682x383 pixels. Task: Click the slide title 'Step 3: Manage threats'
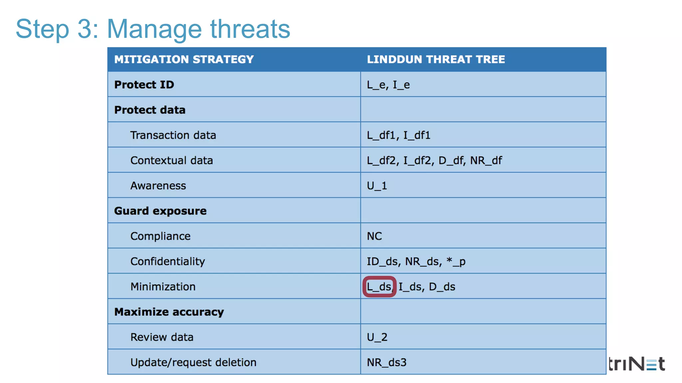pos(153,29)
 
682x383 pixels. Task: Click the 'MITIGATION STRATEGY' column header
pos(184,60)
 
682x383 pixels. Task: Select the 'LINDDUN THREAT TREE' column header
pos(436,60)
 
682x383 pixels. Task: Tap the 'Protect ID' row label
pos(144,85)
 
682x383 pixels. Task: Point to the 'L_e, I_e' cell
pos(388,85)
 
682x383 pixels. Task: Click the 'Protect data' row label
pos(150,110)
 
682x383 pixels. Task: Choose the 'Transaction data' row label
pos(173,135)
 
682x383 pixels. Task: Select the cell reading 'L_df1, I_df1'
pos(398,135)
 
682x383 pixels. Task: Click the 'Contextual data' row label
pos(171,161)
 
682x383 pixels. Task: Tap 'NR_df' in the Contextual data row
pos(486,161)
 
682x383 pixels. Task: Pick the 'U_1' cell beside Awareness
pos(377,186)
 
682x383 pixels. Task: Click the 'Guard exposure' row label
pos(160,211)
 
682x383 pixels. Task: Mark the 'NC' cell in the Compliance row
pos(374,236)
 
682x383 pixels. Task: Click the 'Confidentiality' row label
pos(168,262)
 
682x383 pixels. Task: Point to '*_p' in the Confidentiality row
pos(456,262)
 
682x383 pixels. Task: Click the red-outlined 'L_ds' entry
pos(379,287)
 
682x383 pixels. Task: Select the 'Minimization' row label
pos(163,287)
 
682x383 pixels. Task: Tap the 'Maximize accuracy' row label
pos(169,312)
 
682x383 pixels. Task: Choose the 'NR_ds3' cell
pos(386,362)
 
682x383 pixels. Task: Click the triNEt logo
pos(636,364)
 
